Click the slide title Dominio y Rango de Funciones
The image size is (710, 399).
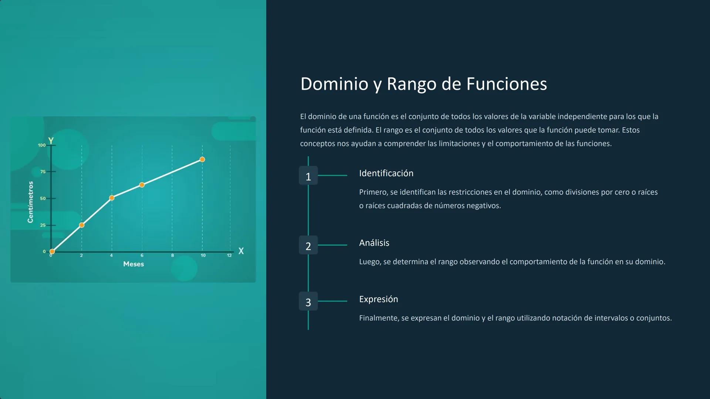tap(423, 84)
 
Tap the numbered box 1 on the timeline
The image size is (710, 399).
tap(308, 176)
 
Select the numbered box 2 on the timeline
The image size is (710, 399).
tap(308, 245)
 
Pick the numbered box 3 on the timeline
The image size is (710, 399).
tap(308, 301)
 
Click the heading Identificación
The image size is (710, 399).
tap(386, 173)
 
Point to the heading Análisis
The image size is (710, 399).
tap(374, 243)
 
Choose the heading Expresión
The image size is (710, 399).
tap(378, 299)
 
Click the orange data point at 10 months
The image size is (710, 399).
tap(202, 160)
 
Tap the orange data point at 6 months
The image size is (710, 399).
tap(142, 185)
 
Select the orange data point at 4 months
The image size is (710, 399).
tap(112, 198)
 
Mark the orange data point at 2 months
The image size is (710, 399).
tap(82, 225)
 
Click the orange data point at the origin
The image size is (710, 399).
tap(52, 252)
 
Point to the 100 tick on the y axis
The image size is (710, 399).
tap(42, 145)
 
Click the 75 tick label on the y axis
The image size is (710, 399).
tap(43, 172)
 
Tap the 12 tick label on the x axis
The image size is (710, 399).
tap(229, 255)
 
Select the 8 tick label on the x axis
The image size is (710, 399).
tap(172, 255)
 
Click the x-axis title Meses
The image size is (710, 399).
tap(133, 264)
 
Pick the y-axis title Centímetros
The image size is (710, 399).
tap(30, 202)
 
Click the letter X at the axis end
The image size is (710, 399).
tap(241, 251)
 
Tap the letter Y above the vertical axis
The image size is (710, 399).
tap(51, 141)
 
